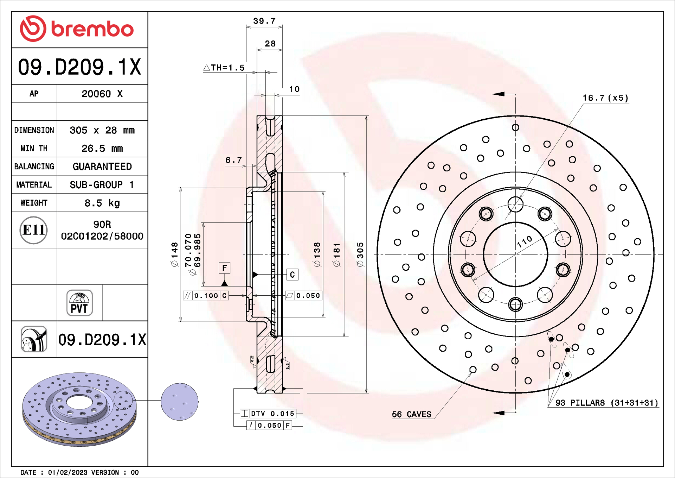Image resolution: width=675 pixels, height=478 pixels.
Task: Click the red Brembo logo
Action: click(77, 29)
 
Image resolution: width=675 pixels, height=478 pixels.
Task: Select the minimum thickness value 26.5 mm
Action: click(102, 149)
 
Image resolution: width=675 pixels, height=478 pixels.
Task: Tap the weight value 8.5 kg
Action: click(102, 203)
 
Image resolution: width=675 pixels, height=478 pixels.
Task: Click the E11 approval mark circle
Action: click(33, 230)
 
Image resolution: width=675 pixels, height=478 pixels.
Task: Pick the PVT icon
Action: click(79, 303)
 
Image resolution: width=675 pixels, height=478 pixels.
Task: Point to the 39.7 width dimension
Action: click(264, 21)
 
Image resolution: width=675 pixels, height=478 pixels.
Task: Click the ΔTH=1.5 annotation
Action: click(224, 68)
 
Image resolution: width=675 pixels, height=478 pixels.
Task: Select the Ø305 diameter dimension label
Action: click(360, 254)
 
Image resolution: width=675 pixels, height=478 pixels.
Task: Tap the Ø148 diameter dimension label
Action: click(175, 254)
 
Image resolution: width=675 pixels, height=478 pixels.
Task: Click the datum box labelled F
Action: click(224, 268)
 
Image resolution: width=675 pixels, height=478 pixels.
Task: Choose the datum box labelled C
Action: click(292, 275)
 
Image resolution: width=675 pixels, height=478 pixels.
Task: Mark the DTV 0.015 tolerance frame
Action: click(268, 414)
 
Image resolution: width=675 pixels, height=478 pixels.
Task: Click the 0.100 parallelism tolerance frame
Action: click(206, 296)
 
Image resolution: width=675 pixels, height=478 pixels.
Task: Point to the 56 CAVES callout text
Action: click(412, 414)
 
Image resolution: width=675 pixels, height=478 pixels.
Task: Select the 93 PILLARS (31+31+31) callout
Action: click(607, 403)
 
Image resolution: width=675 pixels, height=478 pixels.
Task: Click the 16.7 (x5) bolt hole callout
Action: click(605, 98)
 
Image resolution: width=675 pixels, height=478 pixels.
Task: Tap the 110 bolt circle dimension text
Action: click(525, 241)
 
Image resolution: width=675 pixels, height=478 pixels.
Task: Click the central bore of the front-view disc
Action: click(515, 254)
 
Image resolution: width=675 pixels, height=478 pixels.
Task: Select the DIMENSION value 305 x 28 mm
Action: click(102, 130)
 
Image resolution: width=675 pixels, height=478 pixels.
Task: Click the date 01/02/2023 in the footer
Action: click(67, 472)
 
